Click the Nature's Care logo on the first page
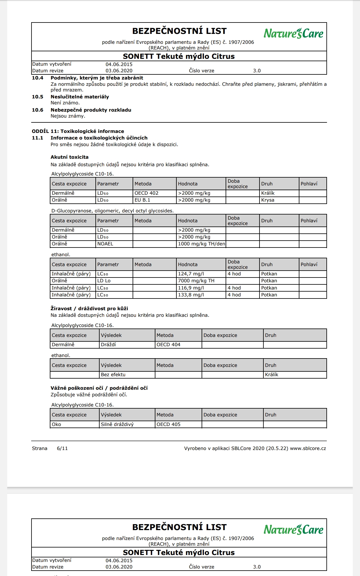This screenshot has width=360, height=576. click(293, 33)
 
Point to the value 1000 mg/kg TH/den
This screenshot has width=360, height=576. click(201, 244)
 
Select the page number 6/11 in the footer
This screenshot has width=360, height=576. click(62, 448)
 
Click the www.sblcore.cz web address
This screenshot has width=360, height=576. click(308, 448)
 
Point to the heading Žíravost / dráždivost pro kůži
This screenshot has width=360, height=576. click(89, 308)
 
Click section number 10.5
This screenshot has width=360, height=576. click(37, 97)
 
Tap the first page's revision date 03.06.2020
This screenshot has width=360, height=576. click(119, 71)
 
